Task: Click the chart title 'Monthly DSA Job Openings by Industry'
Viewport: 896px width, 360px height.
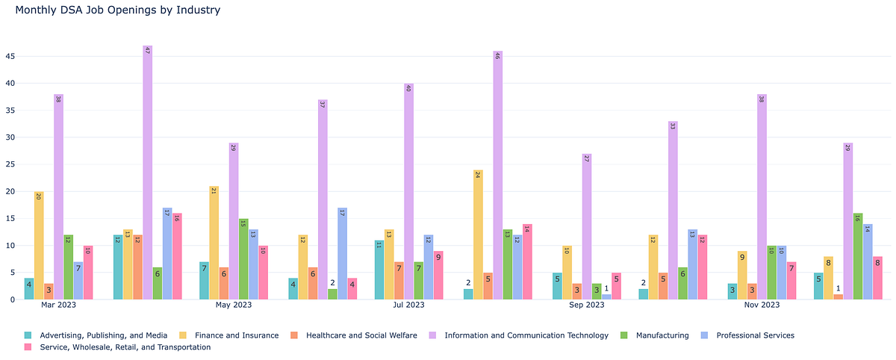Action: pos(117,10)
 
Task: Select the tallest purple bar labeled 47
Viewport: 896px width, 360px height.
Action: pos(147,173)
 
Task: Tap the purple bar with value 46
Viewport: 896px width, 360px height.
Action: pos(498,176)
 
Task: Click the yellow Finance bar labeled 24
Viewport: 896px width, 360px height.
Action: pos(478,235)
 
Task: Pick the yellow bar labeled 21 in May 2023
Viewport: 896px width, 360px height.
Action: pos(214,243)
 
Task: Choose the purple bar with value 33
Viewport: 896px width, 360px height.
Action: pos(673,211)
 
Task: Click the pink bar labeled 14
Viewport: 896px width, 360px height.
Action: pos(527,261)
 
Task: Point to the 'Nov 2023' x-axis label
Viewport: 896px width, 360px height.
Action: pos(762,305)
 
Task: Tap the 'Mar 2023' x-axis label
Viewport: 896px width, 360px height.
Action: pos(58,305)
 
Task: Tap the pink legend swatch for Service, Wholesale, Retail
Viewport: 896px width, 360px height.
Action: pos(28,347)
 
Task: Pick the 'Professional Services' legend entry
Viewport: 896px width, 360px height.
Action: pos(755,335)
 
